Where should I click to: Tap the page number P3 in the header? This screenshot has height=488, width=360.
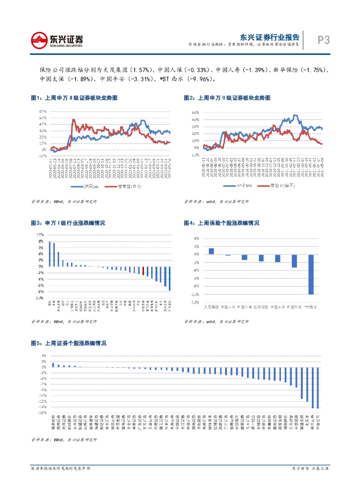[x=324, y=40]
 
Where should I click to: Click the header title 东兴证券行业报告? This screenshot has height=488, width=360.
[x=269, y=37]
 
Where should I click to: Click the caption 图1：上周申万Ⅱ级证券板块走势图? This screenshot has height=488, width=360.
[x=74, y=98]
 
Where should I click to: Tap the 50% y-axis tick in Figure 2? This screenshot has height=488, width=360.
[x=195, y=112]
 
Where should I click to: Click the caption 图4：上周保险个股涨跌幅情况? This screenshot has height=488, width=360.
[x=222, y=223]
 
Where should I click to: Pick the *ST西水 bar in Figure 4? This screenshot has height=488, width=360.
[x=311, y=274]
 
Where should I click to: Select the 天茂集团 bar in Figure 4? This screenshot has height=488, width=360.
[x=211, y=251]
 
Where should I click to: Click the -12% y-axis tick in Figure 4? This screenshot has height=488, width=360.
[x=195, y=302]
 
